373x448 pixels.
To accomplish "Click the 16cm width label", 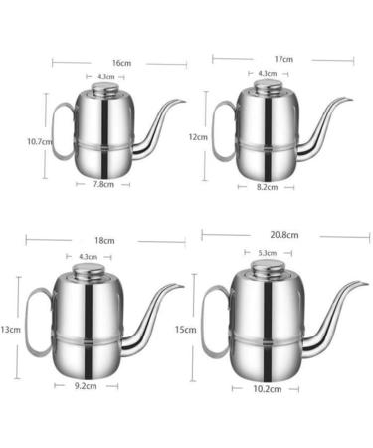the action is click(x=121, y=63).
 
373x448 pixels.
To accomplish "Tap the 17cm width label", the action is click(x=283, y=59).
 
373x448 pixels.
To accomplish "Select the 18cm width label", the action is click(x=104, y=241).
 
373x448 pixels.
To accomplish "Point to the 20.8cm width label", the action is click(x=284, y=235).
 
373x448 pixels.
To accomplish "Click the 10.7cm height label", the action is click(x=40, y=142).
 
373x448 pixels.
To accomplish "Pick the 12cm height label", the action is click(x=198, y=137).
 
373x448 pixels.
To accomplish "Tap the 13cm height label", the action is click(x=11, y=330).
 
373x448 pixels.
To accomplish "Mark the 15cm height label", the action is click(x=185, y=330).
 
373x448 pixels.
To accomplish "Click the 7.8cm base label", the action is click(x=103, y=184).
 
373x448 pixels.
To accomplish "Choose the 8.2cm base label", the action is click(x=267, y=187).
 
